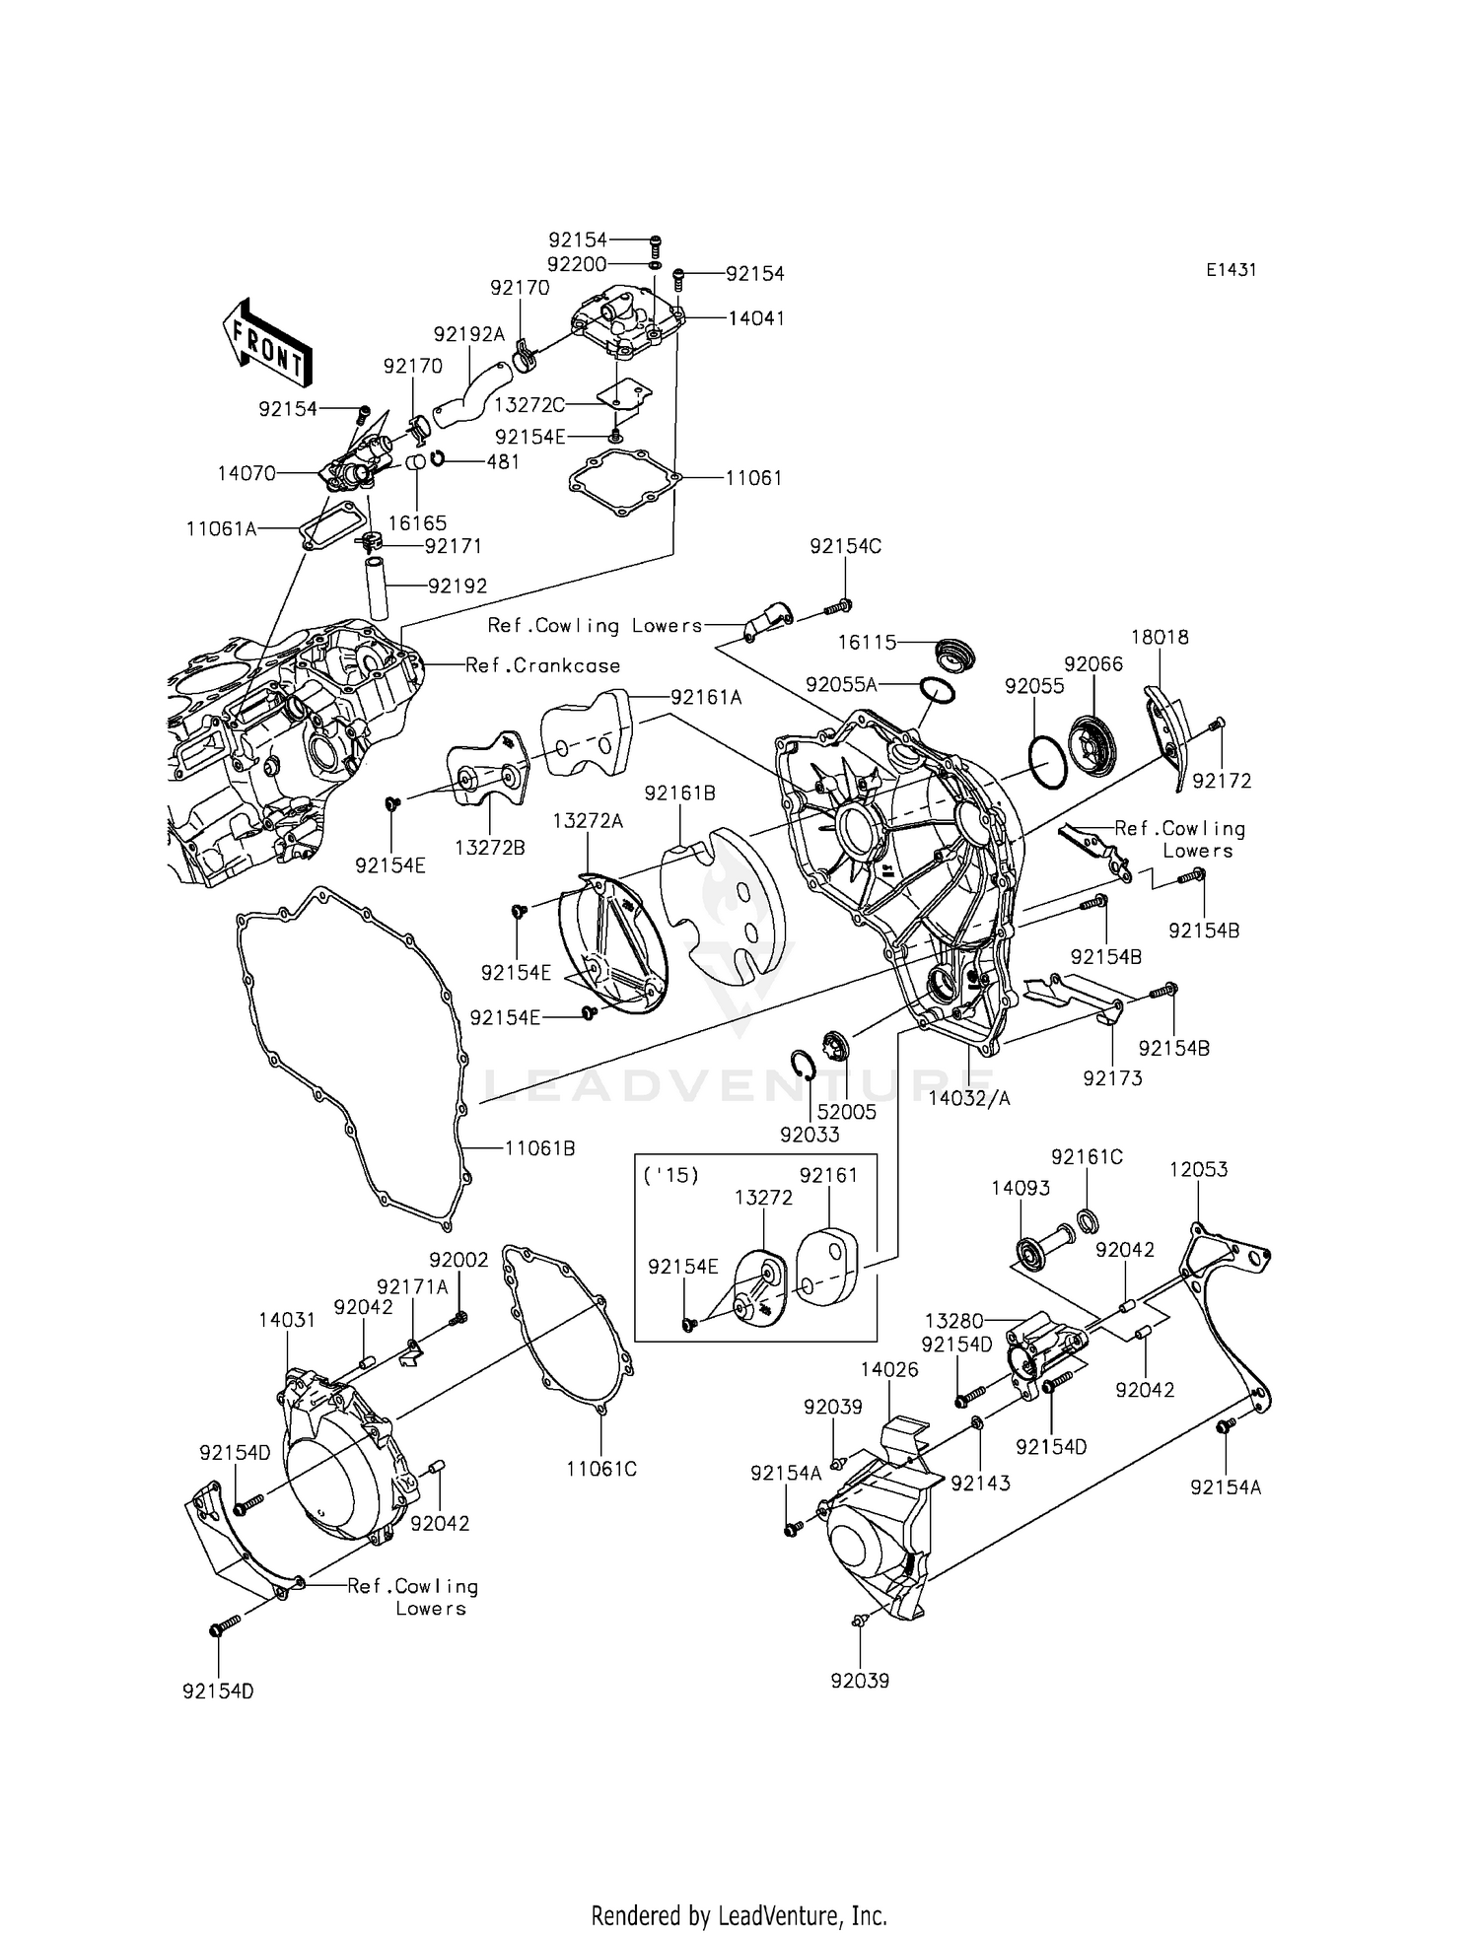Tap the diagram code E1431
(1230, 270)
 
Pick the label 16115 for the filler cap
(867, 643)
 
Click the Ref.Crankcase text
(542, 665)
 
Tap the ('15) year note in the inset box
(670, 1176)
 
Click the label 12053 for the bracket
(1198, 1170)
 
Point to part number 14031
(287, 1320)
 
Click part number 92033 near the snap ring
(810, 1135)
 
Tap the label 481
(503, 461)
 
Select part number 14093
(1021, 1189)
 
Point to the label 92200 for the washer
(577, 264)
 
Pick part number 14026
(888, 1370)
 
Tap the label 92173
(1112, 1078)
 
